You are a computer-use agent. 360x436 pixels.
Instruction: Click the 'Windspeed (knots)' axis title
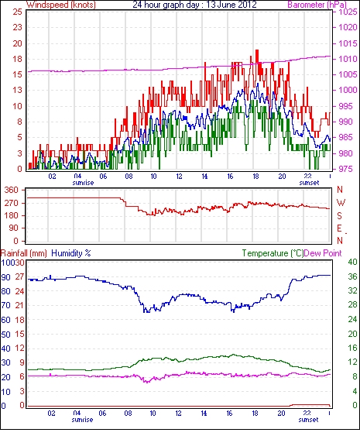pyautogui.click(x=61, y=5)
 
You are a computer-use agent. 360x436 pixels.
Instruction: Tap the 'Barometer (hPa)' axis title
pyautogui.click(x=317, y=5)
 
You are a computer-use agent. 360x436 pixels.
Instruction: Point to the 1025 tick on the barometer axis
pyautogui.click(x=348, y=12)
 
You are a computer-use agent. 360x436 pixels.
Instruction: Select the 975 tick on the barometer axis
pyautogui.click(x=346, y=169)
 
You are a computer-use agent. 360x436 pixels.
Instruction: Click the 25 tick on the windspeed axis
pyautogui.click(x=18, y=12)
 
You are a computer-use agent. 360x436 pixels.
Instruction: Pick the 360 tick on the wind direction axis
pyautogui.click(x=12, y=191)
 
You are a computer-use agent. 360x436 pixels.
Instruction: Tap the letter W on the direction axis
pyautogui.click(x=341, y=203)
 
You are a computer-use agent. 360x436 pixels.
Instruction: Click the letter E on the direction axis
pyautogui.click(x=339, y=228)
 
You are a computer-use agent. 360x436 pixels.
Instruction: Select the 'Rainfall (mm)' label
pyautogui.click(x=24, y=253)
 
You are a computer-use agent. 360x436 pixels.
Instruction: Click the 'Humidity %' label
pyautogui.click(x=71, y=253)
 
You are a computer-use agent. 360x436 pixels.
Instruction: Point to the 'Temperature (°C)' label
pyautogui.click(x=273, y=253)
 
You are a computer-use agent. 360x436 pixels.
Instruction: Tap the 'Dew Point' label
pyautogui.click(x=323, y=253)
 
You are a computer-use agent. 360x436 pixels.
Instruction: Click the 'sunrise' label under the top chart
pyautogui.click(x=83, y=183)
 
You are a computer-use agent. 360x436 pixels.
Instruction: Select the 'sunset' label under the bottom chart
pyautogui.click(x=308, y=420)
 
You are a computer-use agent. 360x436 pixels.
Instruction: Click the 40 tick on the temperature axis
pyautogui.click(x=352, y=262)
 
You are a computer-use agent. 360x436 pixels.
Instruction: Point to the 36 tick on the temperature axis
pyautogui.click(x=352, y=276)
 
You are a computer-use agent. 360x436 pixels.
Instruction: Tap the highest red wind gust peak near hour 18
pyautogui.click(x=257, y=50)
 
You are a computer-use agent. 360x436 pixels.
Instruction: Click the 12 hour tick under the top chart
pyautogui.click(x=179, y=176)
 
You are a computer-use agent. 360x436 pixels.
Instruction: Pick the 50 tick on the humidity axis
pyautogui.click(x=6, y=335)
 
